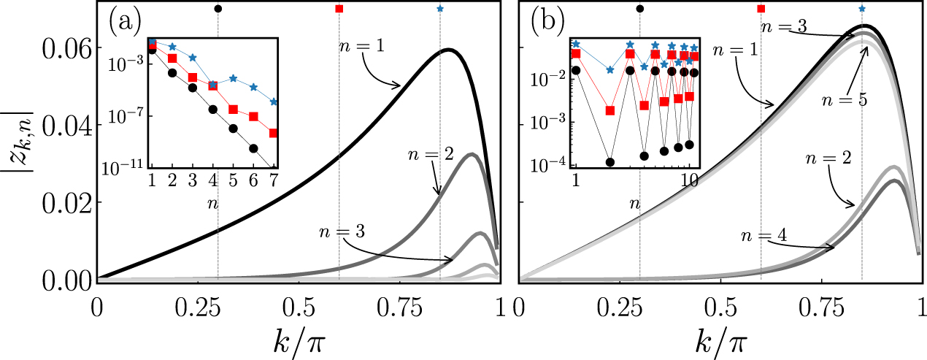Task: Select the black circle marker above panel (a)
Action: pos(218,9)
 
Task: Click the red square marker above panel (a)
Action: pos(339,9)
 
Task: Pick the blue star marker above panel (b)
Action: pos(862,9)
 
